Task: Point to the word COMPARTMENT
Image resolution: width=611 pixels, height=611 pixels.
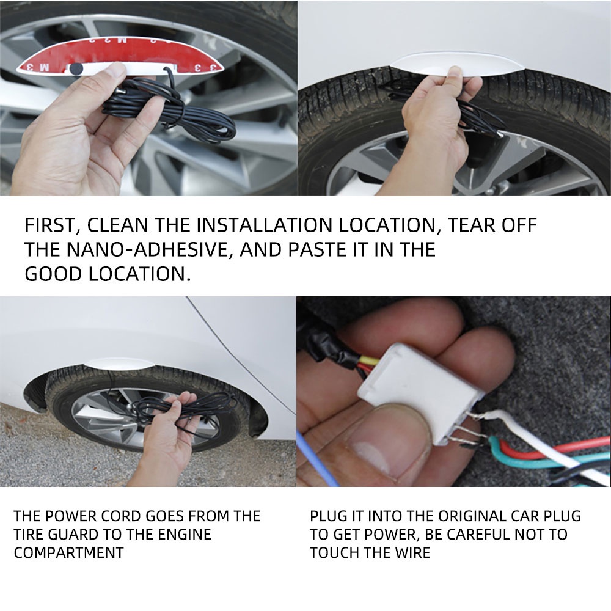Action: tap(68, 552)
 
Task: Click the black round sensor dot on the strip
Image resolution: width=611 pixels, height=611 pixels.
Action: tap(76, 69)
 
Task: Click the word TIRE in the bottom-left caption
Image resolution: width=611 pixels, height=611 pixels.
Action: tap(29, 534)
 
